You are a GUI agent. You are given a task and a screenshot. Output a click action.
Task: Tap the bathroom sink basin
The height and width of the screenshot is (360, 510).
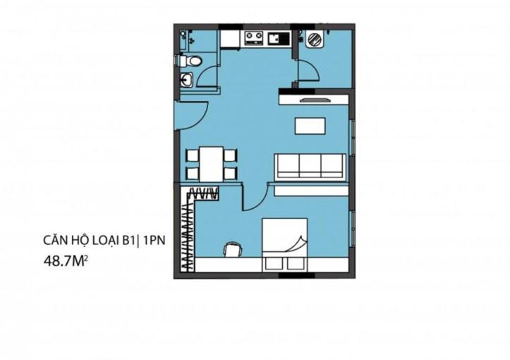coord(186,80)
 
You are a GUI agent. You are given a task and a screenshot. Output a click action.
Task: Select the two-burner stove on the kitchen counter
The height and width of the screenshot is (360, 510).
coord(254,37)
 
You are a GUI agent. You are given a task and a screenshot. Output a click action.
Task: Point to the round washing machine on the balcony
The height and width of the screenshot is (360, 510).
coord(315,40)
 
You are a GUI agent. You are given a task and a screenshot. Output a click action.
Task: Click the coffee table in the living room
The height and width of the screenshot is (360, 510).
coord(310,126)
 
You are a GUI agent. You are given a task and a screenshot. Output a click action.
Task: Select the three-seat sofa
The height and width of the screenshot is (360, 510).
coord(310,167)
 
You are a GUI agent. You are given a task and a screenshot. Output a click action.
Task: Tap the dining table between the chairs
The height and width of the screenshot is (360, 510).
coord(211,164)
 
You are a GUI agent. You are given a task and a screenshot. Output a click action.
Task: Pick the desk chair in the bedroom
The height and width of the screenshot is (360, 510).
coord(233,250)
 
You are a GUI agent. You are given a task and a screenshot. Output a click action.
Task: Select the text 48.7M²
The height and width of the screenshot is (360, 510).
coord(66,261)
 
